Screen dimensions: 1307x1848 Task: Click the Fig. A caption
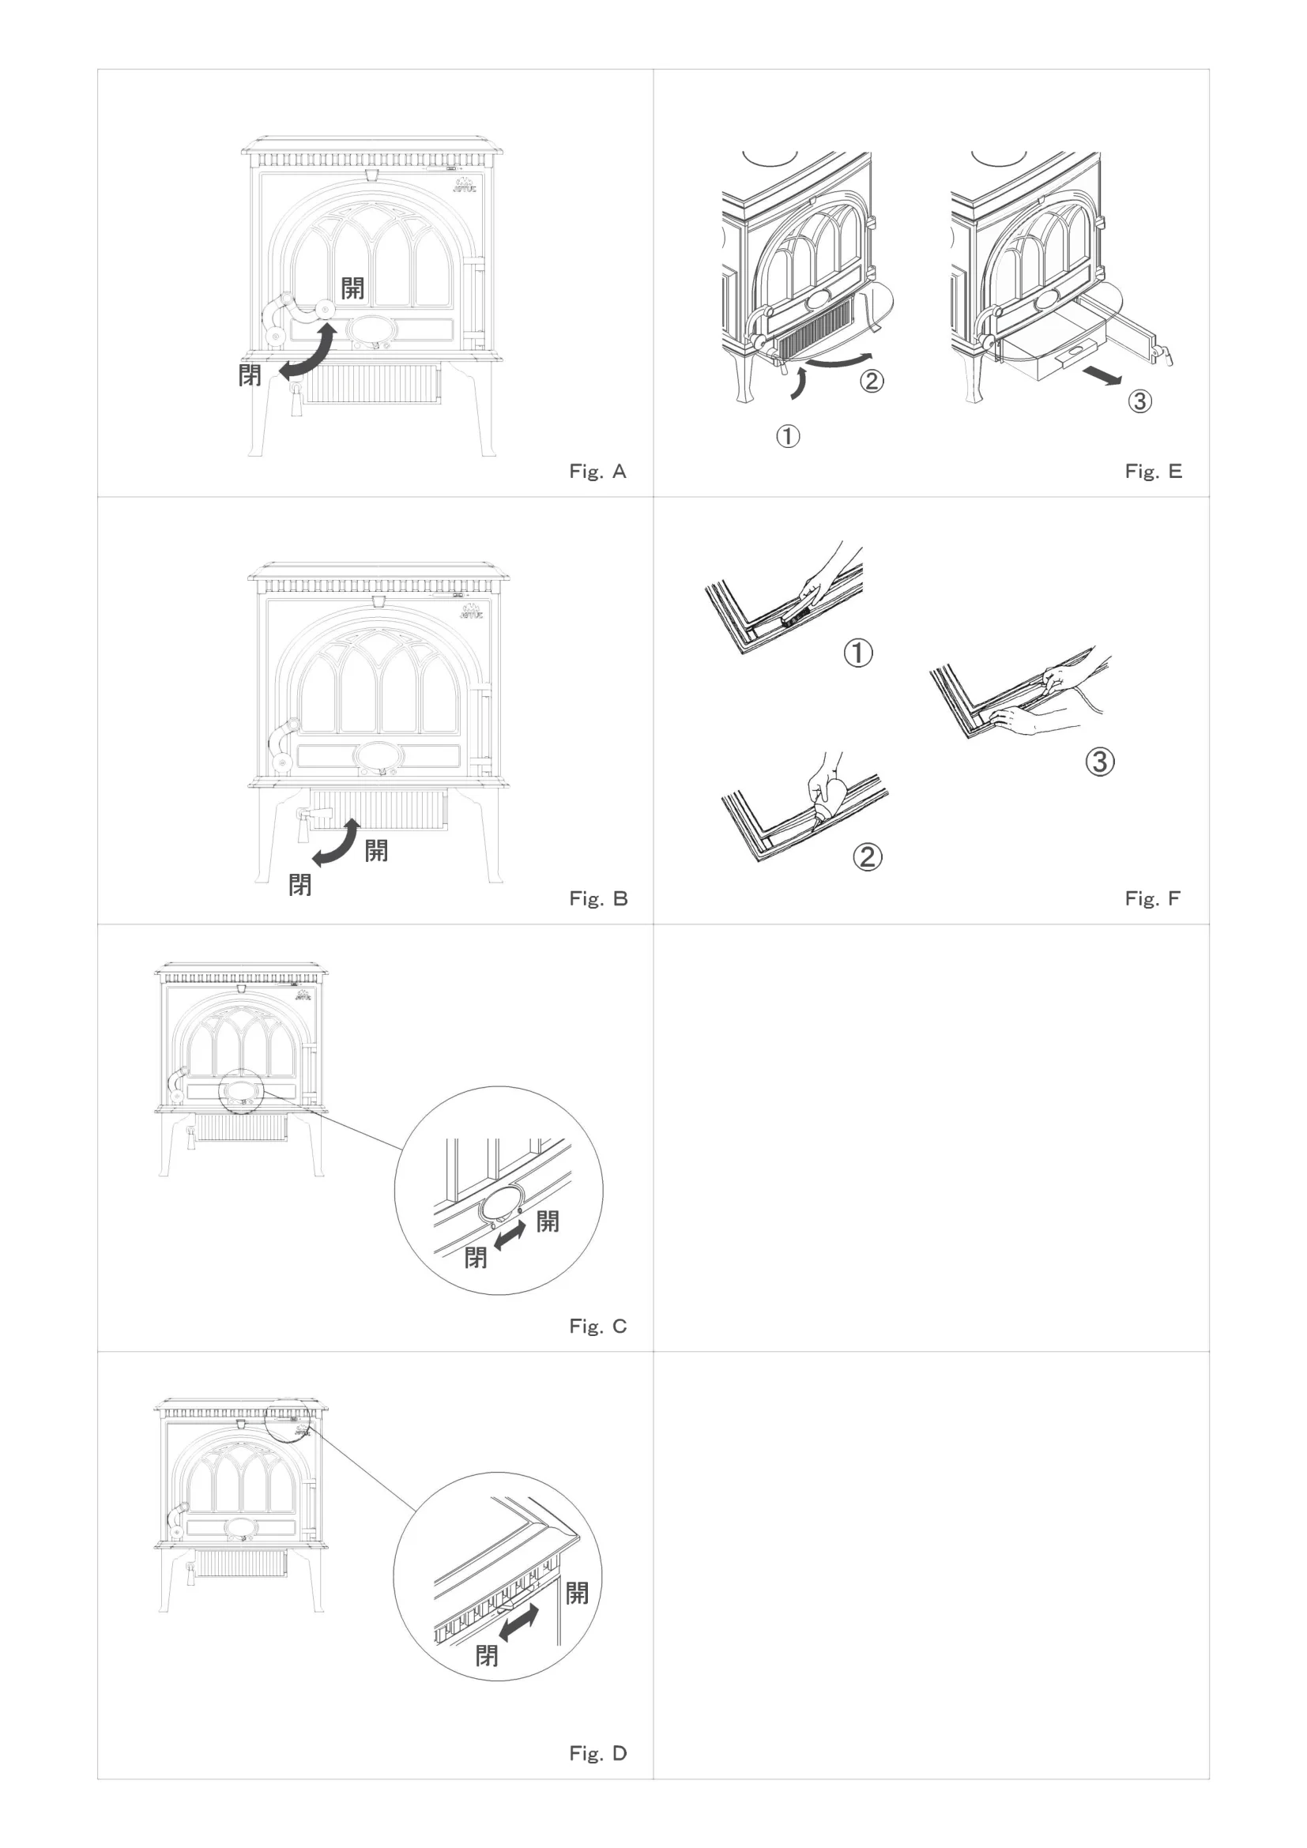click(597, 472)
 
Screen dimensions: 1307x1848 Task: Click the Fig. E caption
click(1153, 472)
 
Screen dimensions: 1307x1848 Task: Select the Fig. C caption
click(597, 1326)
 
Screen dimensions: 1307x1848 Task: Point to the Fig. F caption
click(1152, 898)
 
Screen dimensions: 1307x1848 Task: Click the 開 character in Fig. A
click(352, 288)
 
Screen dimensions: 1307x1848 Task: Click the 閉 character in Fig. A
click(250, 374)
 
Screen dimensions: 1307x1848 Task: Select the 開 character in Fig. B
click(376, 850)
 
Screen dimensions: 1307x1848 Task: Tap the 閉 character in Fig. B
click(300, 885)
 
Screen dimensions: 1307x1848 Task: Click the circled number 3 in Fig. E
click(1139, 401)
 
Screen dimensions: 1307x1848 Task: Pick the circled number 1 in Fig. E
click(788, 436)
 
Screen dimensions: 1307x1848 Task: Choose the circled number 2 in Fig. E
click(872, 381)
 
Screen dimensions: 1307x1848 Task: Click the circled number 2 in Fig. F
click(867, 856)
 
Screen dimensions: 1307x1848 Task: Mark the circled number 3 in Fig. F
click(1100, 762)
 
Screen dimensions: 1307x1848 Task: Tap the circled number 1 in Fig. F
click(858, 652)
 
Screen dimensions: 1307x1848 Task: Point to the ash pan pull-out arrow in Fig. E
click(1102, 375)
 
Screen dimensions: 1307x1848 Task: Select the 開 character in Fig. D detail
click(577, 1592)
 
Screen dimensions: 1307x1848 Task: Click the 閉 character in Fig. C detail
click(476, 1256)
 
